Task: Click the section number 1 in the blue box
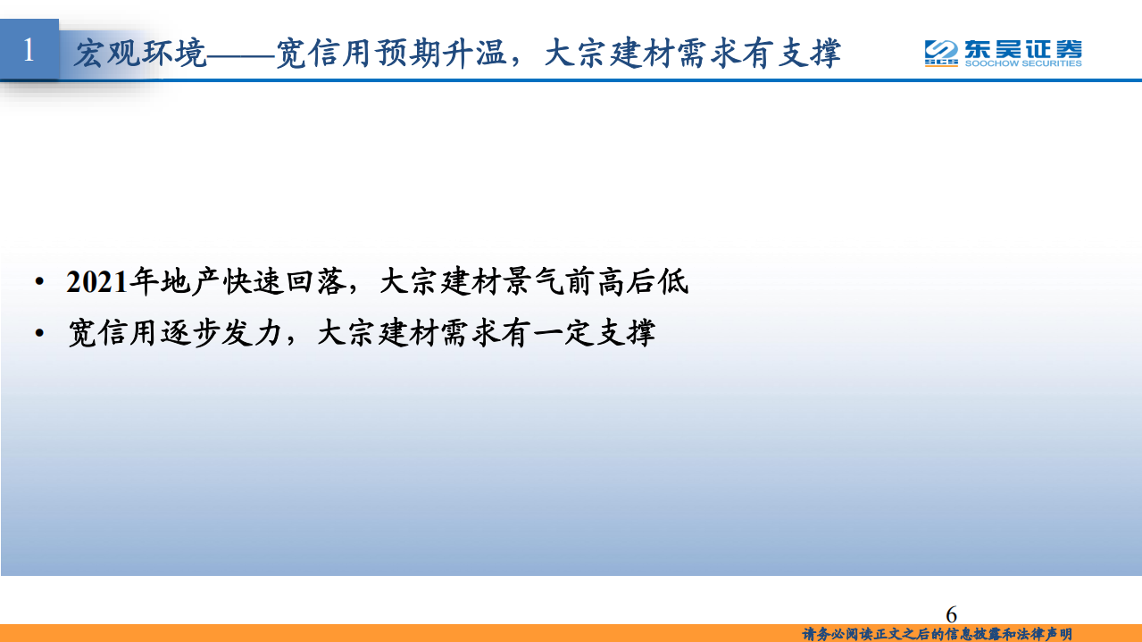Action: [x=29, y=50]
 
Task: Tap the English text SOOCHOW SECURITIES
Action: [x=1022, y=63]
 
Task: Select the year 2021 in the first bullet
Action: [x=97, y=282]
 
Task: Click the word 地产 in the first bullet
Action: [x=190, y=282]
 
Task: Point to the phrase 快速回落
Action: [x=283, y=282]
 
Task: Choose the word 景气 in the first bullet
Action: [x=533, y=282]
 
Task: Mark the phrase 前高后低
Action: [x=627, y=282]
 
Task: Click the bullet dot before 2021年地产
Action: [x=39, y=283]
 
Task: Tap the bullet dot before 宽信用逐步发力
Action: [x=39, y=333]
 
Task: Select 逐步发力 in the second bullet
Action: [x=221, y=333]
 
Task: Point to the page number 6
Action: [x=951, y=614]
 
